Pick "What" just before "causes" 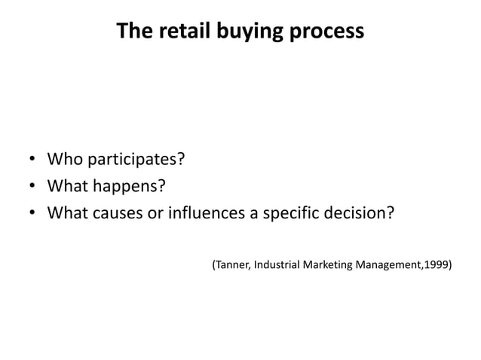coord(66,212)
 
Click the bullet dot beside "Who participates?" coord(32,160)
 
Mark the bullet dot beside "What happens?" coord(32,186)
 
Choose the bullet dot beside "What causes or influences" coord(32,212)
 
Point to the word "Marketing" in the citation coord(329,265)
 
